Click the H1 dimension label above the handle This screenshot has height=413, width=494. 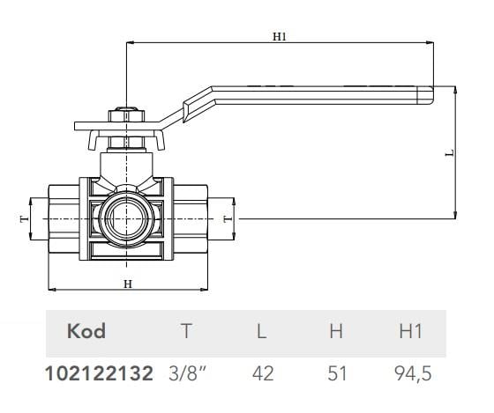280,37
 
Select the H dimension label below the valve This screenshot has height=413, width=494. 127,284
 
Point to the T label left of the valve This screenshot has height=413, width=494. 23,217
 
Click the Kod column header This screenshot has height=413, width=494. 86,331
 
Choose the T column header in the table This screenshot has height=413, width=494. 186,331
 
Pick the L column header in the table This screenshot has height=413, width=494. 262,331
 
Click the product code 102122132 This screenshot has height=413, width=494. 99,373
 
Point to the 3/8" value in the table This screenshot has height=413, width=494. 186,373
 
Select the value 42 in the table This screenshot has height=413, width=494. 262,373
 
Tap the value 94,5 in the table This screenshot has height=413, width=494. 413,373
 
